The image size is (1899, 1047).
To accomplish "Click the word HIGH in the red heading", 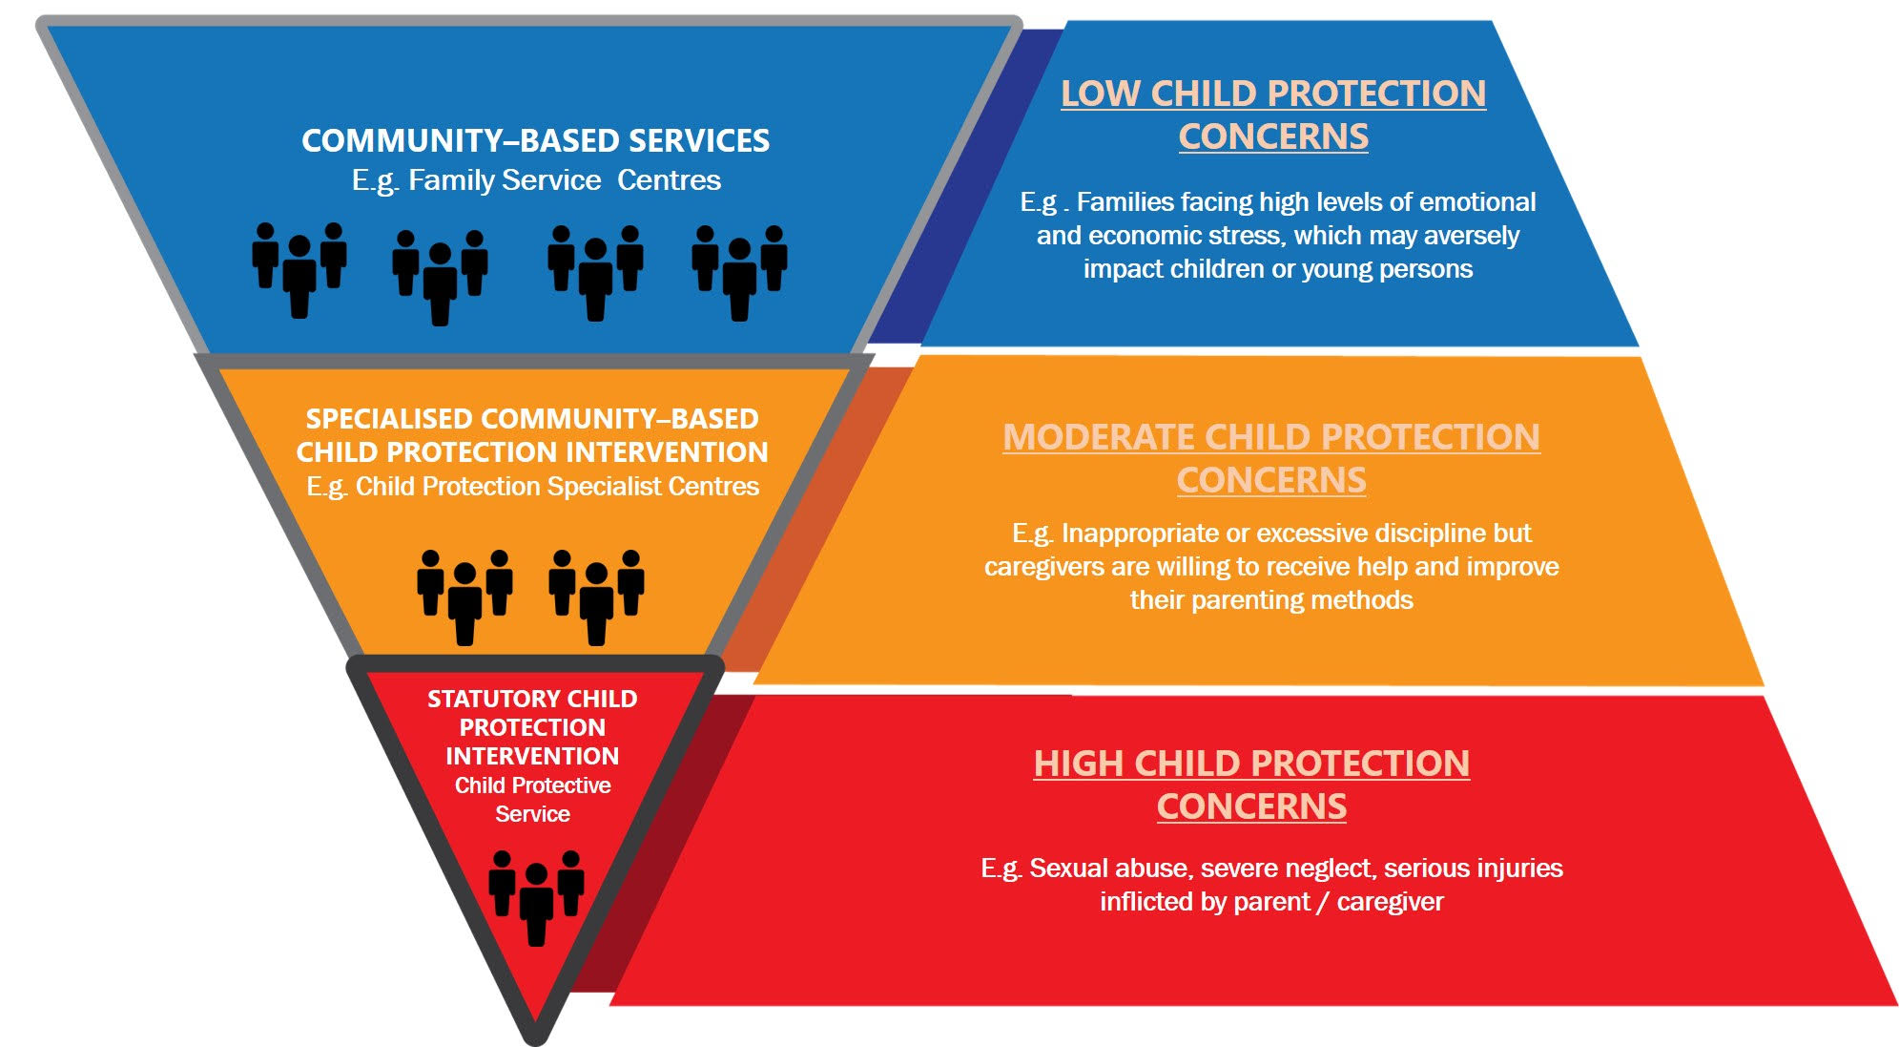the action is (1078, 764).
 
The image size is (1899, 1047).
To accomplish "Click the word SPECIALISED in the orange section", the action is (389, 419).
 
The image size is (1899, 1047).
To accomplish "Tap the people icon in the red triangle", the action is (536, 898).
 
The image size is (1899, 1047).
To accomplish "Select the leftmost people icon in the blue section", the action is (299, 270).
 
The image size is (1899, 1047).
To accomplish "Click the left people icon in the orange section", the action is (465, 597).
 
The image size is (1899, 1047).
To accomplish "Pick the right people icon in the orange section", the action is (597, 597).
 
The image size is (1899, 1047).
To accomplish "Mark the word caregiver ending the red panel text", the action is (1391, 902).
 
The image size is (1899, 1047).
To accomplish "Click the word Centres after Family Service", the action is (670, 180).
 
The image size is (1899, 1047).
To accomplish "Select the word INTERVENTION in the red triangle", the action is (532, 756).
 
